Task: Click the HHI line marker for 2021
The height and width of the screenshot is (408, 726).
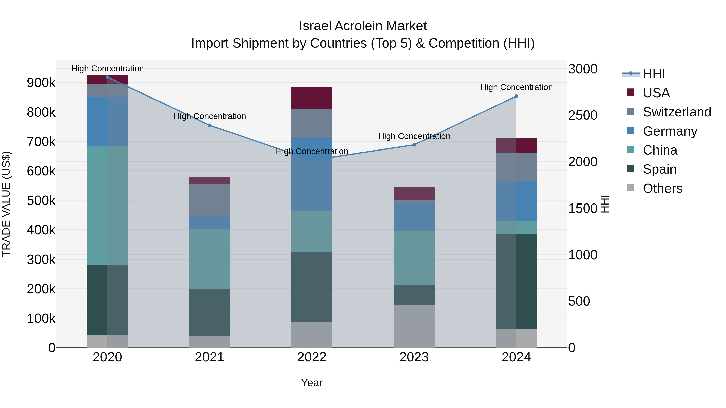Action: point(210,125)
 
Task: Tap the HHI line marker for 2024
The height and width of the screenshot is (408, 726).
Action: point(516,96)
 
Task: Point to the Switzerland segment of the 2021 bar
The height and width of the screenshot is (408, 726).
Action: point(210,200)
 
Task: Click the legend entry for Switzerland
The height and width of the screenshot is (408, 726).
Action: point(676,112)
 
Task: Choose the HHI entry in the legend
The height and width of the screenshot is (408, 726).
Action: point(654,74)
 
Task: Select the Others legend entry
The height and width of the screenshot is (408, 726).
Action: point(662,188)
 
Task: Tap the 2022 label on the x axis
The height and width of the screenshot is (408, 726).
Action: point(312,357)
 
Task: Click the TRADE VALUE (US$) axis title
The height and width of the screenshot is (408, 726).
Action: point(6,204)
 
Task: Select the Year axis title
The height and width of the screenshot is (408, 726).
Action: point(312,383)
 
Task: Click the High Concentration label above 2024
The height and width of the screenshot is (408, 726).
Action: point(516,87)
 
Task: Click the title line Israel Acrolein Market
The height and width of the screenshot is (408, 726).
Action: point(363,26)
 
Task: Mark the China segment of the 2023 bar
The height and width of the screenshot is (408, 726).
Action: point(414,258)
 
